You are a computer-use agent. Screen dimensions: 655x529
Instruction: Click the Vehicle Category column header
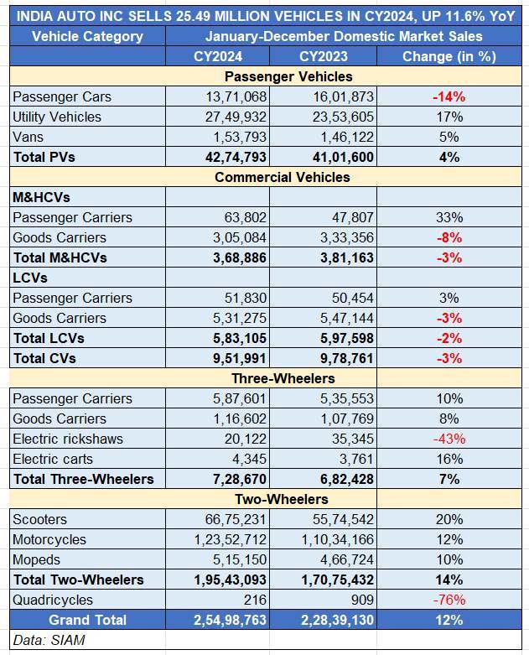[87, 36]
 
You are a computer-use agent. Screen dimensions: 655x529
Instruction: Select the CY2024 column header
[218, 56]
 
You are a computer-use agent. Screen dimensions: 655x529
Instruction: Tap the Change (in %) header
[449, 56]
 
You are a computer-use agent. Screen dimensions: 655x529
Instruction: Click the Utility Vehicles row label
[57, 117]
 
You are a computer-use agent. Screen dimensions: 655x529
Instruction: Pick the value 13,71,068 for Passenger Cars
[235, 96]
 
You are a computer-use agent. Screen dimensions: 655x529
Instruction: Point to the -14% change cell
[449, 96]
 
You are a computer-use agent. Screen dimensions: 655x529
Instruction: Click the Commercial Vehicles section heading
[282, 177]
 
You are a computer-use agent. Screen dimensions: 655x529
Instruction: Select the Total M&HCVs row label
[60, 257]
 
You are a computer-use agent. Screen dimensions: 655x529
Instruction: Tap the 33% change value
[449, 217]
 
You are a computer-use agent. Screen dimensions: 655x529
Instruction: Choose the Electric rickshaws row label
[68, 439]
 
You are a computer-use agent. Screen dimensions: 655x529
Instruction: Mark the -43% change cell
[449, 439]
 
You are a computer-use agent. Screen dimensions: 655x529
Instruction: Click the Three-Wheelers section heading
[282, 378]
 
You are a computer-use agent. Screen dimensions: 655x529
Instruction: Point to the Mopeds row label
[37, 559]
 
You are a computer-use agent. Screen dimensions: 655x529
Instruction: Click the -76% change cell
[449, 600]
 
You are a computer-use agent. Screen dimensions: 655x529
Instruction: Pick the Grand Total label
[87, 620]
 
